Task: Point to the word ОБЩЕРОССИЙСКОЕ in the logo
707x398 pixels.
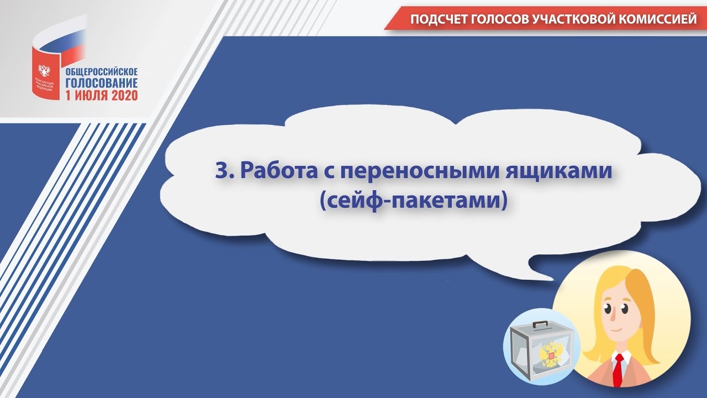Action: tap(102, 72)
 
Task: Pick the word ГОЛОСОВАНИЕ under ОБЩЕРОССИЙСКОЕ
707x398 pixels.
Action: tap(102, 83)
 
